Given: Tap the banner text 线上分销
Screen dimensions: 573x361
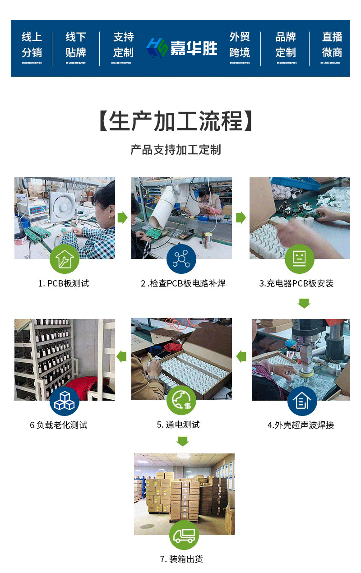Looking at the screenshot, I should click(x=32, y=45).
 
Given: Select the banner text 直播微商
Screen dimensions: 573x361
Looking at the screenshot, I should click(x=332, y=45).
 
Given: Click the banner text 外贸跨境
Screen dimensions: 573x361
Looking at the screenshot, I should click(x=239, y=45).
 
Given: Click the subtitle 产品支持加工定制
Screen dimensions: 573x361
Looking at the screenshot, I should click(x=176, y=150).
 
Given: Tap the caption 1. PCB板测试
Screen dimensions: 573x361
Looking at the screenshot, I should click(x=63, y=283).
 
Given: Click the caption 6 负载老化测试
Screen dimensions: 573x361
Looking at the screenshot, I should click(x=59, y=425).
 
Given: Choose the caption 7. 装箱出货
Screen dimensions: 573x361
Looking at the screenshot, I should click(x=181, y=559).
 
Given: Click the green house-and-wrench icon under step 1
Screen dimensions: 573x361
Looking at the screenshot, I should click(x=64, y=259).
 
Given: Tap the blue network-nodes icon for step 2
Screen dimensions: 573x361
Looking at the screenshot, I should click(x=181, y=259).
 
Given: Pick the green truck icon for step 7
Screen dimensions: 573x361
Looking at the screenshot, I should click(x=184, y=536).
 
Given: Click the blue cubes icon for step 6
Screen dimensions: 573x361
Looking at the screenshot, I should click(x=64, y=401).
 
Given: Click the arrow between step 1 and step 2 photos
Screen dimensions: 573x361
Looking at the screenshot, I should click(x=122, y=218).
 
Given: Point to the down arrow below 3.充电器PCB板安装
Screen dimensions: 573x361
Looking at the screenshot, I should click(x=304, y=303).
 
